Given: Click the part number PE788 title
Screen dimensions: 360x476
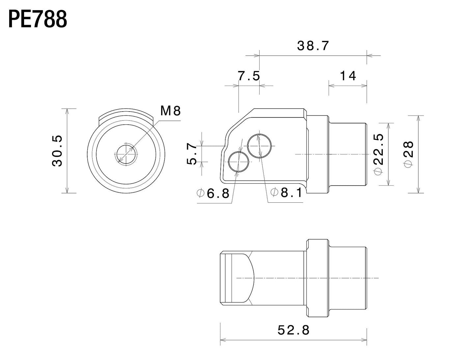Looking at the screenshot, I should pyautogui.click(x=37, y=19).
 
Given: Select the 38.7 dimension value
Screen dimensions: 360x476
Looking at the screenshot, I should pyautogui.click(x=313, y=46).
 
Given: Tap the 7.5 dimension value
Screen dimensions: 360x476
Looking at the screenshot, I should pyautogui.click(x=249, y=76).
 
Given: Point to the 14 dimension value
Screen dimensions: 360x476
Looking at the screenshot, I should pyautogui.click(x=348, y=76).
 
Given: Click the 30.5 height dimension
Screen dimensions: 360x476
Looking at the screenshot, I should pyautogui.click(x=57, y=151).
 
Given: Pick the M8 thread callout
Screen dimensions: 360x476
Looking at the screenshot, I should pyautogui.click(x=171, y=111).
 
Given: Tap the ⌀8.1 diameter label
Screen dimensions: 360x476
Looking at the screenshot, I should pyautogui.click(x=286, y=193).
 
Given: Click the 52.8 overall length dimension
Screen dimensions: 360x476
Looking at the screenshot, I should pyautogui.click(x=294, y=330).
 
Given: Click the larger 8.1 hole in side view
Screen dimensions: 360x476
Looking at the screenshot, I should pyautogui.click(x=260, y=146).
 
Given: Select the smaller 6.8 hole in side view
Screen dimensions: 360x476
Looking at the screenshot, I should pyautogui.click(x=238, y=162).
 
